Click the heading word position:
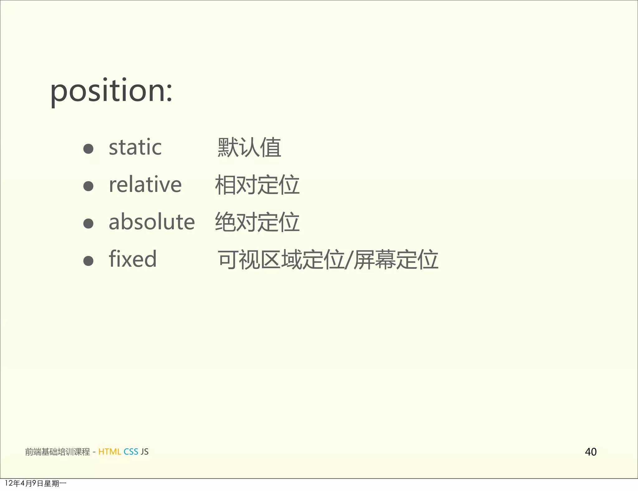point(111,91)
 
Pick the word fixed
point(132,259)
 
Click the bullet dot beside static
point(88,149)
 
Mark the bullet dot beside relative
point(88,186)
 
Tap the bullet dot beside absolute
point(88,223)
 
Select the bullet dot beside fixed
point(88,261)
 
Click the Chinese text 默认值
point(249,147)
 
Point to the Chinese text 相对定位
point(257,185)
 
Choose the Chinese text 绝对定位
point(257,222)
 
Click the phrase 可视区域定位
point(281,260)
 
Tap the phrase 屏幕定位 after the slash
point(396,260)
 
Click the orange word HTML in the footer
point(109,452)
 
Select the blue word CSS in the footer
point(131,452)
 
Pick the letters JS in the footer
point(145,452)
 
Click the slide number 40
point(591,452)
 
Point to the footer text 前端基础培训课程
point(57,452)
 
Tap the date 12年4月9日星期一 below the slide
point(36,483)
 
